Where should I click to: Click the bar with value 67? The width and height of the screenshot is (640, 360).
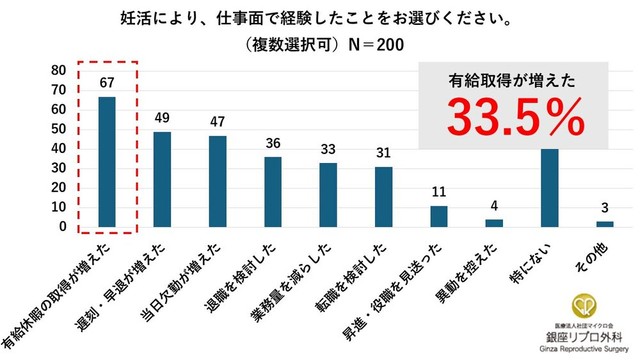pos(106,162)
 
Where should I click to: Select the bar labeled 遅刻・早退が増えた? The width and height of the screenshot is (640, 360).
pos(161,180)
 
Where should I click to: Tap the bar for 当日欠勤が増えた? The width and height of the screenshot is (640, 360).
pos(217,182)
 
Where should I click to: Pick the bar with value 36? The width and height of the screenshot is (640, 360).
pos(272,193)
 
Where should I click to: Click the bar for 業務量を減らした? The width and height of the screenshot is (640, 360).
pos(328,196)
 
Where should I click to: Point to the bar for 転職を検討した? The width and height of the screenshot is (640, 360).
pos(383,198)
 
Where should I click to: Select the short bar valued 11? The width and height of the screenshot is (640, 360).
pos(438,217)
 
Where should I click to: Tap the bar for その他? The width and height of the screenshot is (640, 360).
pos(604,225)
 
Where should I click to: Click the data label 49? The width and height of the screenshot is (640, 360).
pos(162,118)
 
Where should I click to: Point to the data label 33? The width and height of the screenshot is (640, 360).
pos(328,149)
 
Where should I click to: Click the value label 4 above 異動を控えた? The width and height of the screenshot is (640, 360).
pos(494,207)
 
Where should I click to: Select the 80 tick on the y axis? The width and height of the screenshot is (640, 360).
pos(59,71)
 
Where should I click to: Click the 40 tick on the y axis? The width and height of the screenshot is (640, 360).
pos(59,149)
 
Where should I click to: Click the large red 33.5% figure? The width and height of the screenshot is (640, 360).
pos(513,119)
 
